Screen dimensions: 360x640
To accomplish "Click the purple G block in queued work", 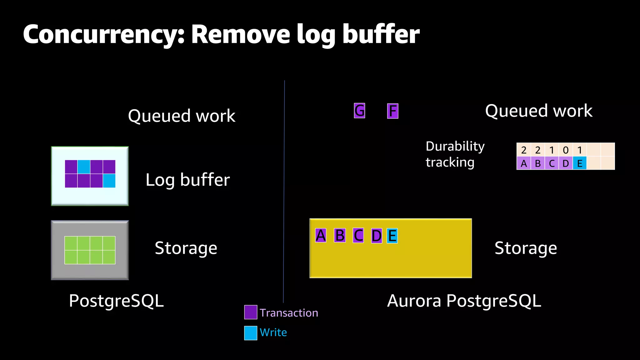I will pos(359,111).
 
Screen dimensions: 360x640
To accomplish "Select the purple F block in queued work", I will pos(392,111).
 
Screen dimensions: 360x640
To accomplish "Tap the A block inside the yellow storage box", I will pos(321,236).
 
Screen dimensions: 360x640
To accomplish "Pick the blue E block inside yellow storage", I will pos(392,236).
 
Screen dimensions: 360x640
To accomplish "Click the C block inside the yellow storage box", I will pos(358,236).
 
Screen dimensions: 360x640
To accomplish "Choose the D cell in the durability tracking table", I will pos(566,163).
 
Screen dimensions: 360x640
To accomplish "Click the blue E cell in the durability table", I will pos(580,163).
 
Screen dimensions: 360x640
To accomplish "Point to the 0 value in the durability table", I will pos(566,150).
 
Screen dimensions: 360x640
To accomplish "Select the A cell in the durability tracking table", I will pos(524,163).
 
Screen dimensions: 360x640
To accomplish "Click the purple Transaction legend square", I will pos(251,312).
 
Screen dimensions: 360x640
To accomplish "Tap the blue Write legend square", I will pos(251,333).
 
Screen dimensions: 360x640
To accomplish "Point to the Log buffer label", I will pos(187,180).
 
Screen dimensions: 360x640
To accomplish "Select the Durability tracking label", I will pos(455,154).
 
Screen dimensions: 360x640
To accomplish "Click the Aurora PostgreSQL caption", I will pos(464,301).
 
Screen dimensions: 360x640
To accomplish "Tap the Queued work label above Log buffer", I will pos(182,116).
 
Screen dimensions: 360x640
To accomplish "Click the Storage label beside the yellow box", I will pos(526,248).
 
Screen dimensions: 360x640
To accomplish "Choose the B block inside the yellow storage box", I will pos(340,236).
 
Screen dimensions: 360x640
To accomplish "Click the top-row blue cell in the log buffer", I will pos(84,167).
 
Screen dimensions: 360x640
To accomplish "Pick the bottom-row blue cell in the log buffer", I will pos(109,181).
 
